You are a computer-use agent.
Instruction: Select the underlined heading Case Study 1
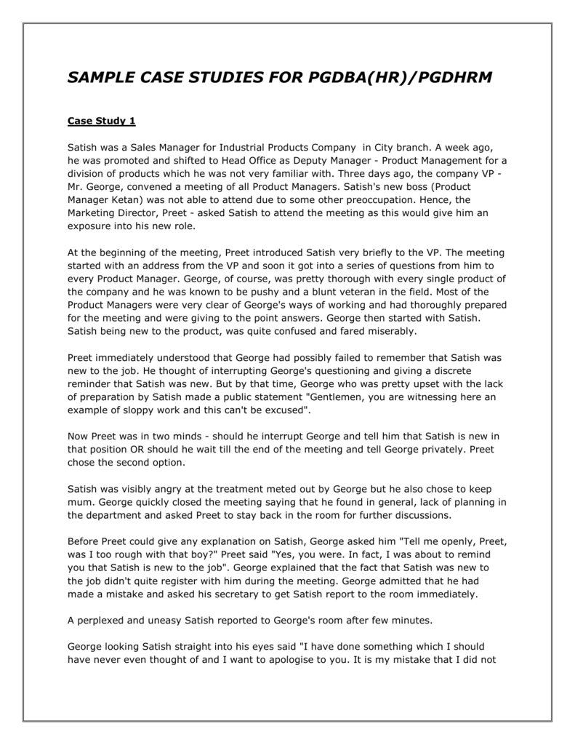coord(101,120)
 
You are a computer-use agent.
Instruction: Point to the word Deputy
coord(309,161)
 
